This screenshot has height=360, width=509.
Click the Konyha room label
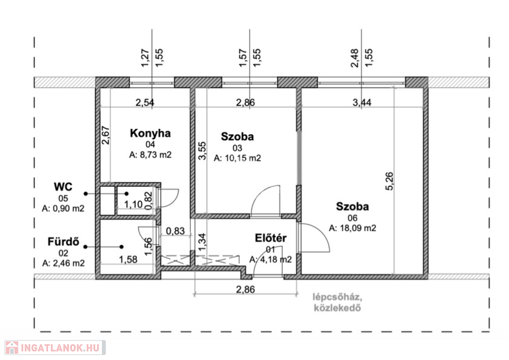click(x=150, y=133)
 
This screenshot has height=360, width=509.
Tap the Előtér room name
click(x=271, y=238)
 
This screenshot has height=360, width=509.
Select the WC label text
click(x=63, y=187)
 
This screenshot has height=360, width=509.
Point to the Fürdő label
click(x=63, y=242)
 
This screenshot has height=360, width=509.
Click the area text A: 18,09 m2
click(x=352, y=228)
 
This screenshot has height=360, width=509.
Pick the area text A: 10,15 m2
click(x=237, y=158)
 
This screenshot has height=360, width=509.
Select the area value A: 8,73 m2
click(x=150, y=155)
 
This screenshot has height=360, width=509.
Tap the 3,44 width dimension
click(x=362, y=102)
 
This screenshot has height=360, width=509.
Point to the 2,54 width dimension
click(x=145, y=102)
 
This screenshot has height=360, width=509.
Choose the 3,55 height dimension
click(x=202, y=151)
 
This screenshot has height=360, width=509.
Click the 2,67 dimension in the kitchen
click(x=106, y=135)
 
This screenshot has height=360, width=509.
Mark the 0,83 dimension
click(x=175, y=231)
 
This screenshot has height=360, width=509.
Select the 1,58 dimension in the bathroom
click(x=128, y=260)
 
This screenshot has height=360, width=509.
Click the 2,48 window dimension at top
click(x=355, y=58)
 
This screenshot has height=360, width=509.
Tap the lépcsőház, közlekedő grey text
click(x=338, y=302)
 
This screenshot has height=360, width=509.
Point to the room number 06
click(x=352, y=218)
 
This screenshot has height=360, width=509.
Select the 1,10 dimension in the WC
click(x=133, y=204)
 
